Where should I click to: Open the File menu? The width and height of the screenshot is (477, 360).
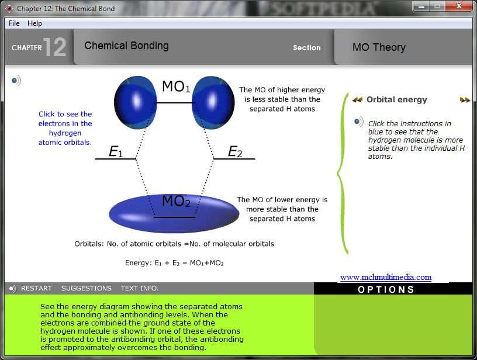pos(14,23)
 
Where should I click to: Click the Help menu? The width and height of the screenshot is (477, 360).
pos(34,23)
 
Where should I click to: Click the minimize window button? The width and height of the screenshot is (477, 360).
pos(421,6)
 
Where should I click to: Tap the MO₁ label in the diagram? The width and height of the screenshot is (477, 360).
pos(176,86)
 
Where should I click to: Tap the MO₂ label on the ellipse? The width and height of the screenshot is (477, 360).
pos(176,201)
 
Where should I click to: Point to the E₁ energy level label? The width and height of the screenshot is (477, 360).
pos(116,151)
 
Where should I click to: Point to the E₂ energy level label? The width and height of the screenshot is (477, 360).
pos(235,151)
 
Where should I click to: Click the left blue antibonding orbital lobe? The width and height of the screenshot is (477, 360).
pos(136,102)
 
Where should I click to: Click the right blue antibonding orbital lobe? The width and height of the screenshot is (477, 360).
pos(213,102)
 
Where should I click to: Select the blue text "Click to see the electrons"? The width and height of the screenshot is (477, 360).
pos(65,119)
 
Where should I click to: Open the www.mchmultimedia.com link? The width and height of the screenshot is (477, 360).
pos(386,277)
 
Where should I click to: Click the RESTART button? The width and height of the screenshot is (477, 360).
pos(36,288)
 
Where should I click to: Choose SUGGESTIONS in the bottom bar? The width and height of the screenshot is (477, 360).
pos(87,288)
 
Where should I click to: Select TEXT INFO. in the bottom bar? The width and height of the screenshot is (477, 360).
pos(140,288)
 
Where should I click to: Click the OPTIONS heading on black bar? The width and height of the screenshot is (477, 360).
pos(386,289)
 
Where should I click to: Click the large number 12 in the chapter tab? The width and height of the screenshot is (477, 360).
pos(55,47)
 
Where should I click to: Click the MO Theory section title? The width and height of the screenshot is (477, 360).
pos(379,47)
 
